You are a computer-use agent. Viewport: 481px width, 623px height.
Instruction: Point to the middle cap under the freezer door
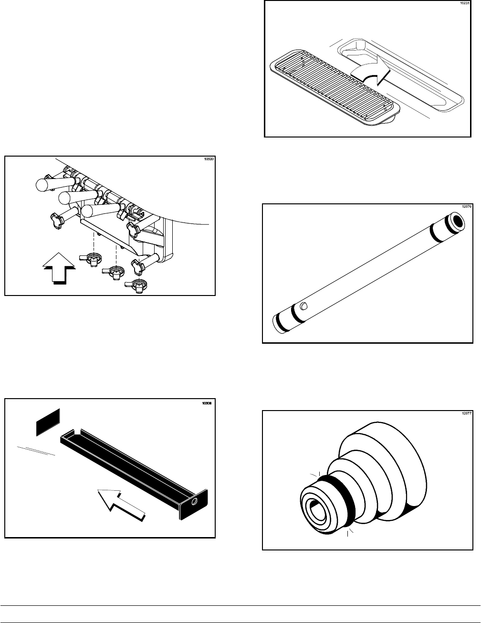(115, 272)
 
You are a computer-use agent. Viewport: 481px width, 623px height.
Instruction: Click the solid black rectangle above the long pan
(48, 422)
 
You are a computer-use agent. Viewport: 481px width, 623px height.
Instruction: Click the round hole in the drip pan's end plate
(194, 502)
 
